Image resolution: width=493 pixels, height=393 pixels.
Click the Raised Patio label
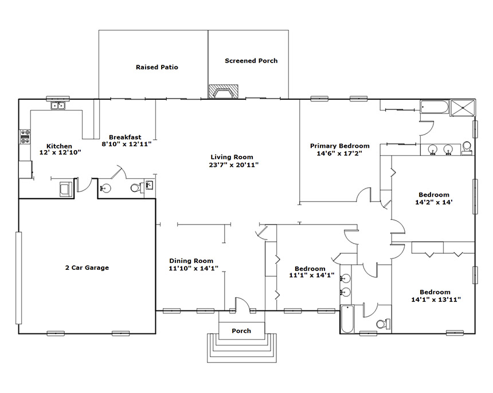(157, 67)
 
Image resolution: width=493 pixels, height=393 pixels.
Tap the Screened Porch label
(251, 61)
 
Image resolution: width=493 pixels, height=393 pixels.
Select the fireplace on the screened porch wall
(223, 92)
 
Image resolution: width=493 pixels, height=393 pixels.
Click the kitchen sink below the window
(58, 106)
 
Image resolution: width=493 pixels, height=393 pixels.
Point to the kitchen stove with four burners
(25, 137)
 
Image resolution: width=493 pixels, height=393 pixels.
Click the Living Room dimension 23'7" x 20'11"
(234, 165)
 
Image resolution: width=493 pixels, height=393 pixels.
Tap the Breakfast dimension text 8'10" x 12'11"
(126, 144)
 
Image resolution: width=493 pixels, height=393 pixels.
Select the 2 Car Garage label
(87, 268)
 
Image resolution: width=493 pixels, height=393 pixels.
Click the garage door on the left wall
(19, 278)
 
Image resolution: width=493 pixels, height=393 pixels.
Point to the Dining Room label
(191, 261)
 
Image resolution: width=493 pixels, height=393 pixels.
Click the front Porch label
(241, 331)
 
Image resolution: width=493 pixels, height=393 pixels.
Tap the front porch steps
(241, 348)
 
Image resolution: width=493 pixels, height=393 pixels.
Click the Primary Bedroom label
(339, 146)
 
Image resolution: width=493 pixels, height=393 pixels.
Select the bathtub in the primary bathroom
(435, 107)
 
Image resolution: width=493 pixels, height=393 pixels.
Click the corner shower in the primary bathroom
(463, 108)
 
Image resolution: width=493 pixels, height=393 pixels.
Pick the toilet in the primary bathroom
(467, 148)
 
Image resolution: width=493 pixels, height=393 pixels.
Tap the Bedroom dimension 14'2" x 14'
(434, 203)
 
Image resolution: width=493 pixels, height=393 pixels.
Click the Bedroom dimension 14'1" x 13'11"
(436, 300)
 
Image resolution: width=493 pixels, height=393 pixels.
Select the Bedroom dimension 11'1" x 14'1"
(312, 276)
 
